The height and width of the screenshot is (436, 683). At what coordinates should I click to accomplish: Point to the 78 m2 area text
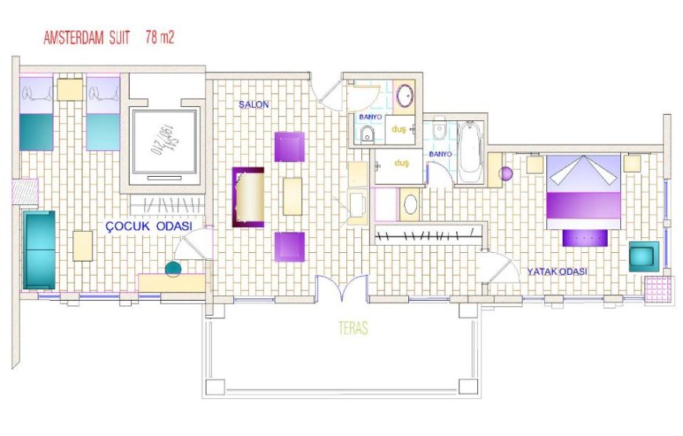(x=159, y=37)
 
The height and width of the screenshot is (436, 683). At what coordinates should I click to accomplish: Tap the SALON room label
(x=254, y=104)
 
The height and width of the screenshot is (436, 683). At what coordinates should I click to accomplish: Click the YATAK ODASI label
(x=557, y=272)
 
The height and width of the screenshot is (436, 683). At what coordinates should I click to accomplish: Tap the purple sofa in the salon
(x=249, y=196)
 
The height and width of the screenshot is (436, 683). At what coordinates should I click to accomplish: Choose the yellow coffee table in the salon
(x=292, y=196)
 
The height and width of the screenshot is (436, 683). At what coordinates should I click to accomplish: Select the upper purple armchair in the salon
(x=289, y=147)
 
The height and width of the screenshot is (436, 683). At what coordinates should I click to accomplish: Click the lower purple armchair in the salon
(x=289, y=246)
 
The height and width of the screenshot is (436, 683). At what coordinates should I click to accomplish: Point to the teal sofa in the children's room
(x=39, y=250)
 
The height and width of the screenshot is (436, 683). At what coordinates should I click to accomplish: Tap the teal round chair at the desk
(x=173, y=269)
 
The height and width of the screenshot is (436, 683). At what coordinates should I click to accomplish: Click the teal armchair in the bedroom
(x=644, y=256)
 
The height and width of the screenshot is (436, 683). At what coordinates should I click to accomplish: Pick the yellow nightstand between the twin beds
(x=70, y=89)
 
